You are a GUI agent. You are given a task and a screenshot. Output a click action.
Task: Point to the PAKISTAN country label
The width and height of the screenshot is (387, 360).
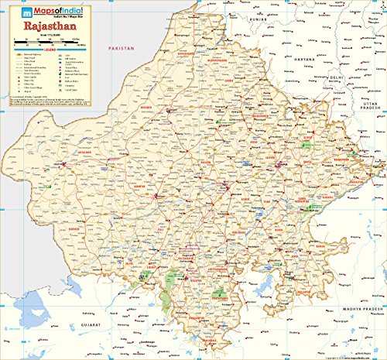[122, 48]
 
